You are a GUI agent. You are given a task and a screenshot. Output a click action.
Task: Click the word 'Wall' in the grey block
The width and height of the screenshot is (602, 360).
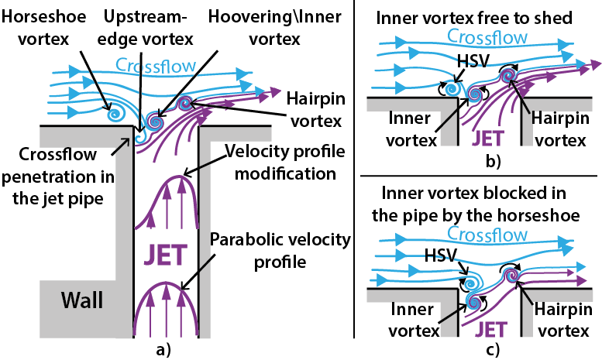click(x=81, y=300)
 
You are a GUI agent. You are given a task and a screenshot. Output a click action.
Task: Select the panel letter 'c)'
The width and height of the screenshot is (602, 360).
click(x=491, y=348)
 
